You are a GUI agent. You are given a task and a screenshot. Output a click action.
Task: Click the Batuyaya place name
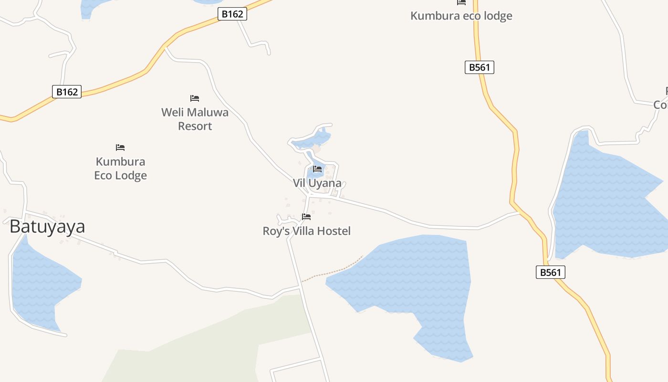click(47, 226)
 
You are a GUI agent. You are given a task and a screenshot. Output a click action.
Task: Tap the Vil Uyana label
click(317, 183)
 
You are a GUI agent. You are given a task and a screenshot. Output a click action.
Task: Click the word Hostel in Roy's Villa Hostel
click(334, 231)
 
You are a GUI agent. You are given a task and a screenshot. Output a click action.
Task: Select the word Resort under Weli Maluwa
click(195, 126)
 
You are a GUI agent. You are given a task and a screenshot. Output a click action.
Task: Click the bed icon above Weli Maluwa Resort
click(195, 98)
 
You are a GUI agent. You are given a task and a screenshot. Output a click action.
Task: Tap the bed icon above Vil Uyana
click(317, 169)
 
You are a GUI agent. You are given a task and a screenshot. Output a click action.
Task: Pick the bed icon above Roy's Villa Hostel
click(306, 217)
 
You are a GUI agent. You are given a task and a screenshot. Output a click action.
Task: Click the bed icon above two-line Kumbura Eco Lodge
click(120, 148)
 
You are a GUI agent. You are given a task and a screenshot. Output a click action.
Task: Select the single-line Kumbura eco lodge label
click(461, 16)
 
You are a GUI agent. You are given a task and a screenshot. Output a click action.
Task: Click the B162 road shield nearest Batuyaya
click(67, 92)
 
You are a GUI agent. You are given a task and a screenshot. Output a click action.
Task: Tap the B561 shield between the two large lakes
click(551, 272)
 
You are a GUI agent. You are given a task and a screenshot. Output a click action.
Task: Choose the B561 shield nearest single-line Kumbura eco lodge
click(480, 67)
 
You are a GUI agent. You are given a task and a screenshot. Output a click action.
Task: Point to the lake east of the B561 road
click(606, 201)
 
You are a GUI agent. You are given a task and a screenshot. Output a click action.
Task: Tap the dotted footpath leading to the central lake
click(334, 272)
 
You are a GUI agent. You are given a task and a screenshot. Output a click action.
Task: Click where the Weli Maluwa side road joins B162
click(165, 46)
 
